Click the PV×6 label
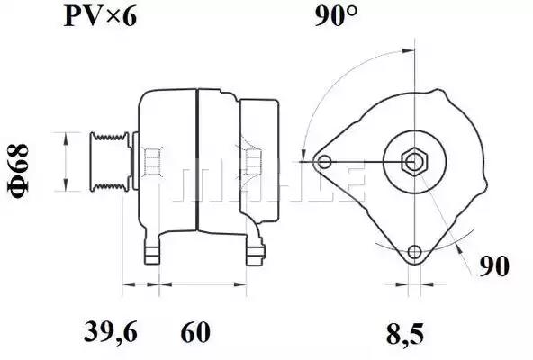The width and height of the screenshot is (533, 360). click(x=100, y=17)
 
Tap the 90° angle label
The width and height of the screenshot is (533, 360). click(x=336, y=15)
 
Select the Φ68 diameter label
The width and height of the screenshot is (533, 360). click(x=18, y=171)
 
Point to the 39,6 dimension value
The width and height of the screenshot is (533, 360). click(x=111, y=332)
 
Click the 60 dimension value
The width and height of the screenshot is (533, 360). click(x=195, y=332)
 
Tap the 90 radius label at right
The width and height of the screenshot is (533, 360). click(x=494, y=266)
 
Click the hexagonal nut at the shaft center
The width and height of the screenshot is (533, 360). click(x=414, y=162)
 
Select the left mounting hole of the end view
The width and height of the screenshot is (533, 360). click(x=325, y=162)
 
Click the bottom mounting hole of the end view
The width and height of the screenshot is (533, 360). click(x=414, y=252)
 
